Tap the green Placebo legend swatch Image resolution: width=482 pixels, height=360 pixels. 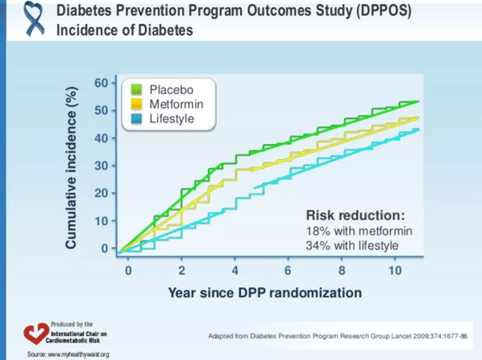click(x=136, y=88)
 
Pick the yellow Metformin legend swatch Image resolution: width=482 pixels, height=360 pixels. click(x=136, y=104)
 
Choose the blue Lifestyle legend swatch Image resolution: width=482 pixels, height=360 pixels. click(x=136, y=120)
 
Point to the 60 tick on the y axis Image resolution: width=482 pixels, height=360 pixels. click(x=101, y=82)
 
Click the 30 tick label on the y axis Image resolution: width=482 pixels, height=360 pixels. click(x=101, y=166)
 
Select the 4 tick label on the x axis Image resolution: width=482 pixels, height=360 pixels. click(x=235, y=270)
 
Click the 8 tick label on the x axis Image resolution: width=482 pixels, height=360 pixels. click(x=342, y=270)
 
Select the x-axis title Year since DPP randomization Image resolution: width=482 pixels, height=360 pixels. click(x=264, y=292)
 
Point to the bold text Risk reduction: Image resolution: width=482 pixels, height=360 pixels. click(x=355, y=216)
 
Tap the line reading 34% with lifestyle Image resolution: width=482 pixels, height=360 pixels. click(x=351, y=245)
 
